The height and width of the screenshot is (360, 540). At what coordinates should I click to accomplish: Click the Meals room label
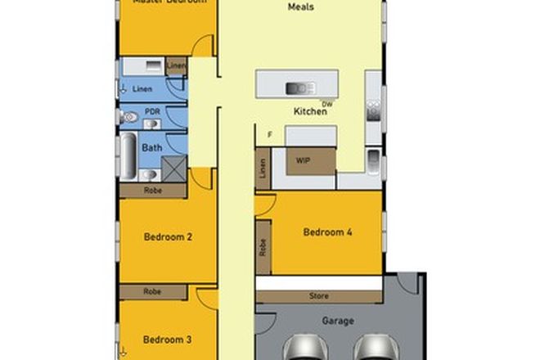pyautogui.click(x=302, y=7)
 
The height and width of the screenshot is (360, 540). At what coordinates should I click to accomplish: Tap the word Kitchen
pyautogui.click(x=311, y=111)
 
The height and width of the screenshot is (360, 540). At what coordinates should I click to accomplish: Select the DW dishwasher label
pyautogui.click(x=328, y=104)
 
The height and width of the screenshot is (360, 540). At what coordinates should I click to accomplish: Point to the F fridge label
pyautogui.click(x=269, y=134)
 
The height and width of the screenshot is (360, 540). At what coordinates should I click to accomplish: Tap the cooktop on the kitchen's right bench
pyautogui.click(x=373, y=106)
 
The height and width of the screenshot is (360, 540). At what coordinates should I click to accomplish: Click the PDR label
pyautogui.click(x=151, y=111)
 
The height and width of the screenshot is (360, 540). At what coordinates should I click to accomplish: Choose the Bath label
pyautogui.click(x=152, y=148)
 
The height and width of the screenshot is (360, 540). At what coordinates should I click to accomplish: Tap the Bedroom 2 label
pyautogui.click(x=168, y=237)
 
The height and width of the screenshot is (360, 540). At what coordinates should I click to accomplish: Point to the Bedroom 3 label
pyautogui.click(x=168, y=339)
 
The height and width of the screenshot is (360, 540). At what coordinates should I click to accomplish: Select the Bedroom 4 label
pyautogui.click(x=327, y=232)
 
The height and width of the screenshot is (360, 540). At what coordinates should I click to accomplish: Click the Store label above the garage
pyautogui.click(x=319, y=295)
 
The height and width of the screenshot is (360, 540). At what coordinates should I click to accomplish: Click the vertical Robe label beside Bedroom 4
pyautogui.click(x=263, y=246)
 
